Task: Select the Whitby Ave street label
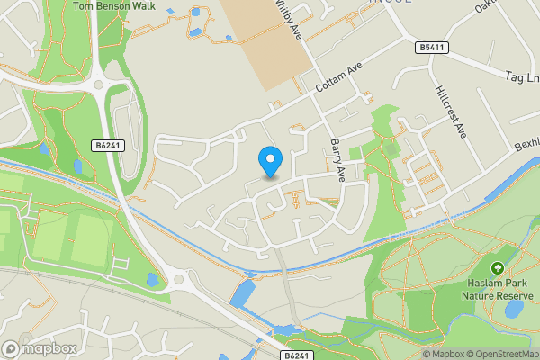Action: point(290,16)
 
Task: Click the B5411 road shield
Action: point(433,47)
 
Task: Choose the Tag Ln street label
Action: point(522,77)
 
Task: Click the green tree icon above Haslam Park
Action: point(497,267)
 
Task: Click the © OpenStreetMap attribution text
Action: point(495,354)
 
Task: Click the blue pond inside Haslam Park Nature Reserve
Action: point(515,310)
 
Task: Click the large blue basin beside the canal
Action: point(242,293)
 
